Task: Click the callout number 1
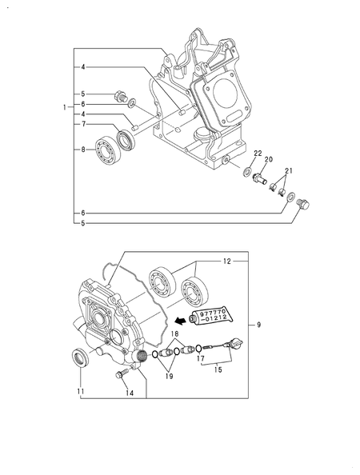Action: (x=65, y=107)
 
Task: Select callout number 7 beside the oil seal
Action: (x=83, y=124)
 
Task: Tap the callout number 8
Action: (x=83, y=150)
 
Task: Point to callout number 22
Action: (x=258, y=153)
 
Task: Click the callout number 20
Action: (x=269, y=159)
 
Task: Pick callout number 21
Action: (x=289, y=171)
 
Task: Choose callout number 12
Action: (x=227, y=261)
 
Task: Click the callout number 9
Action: (x=258, y=325)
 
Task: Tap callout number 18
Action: (x=175, y=333)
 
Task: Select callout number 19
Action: (x=169, y=377)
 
